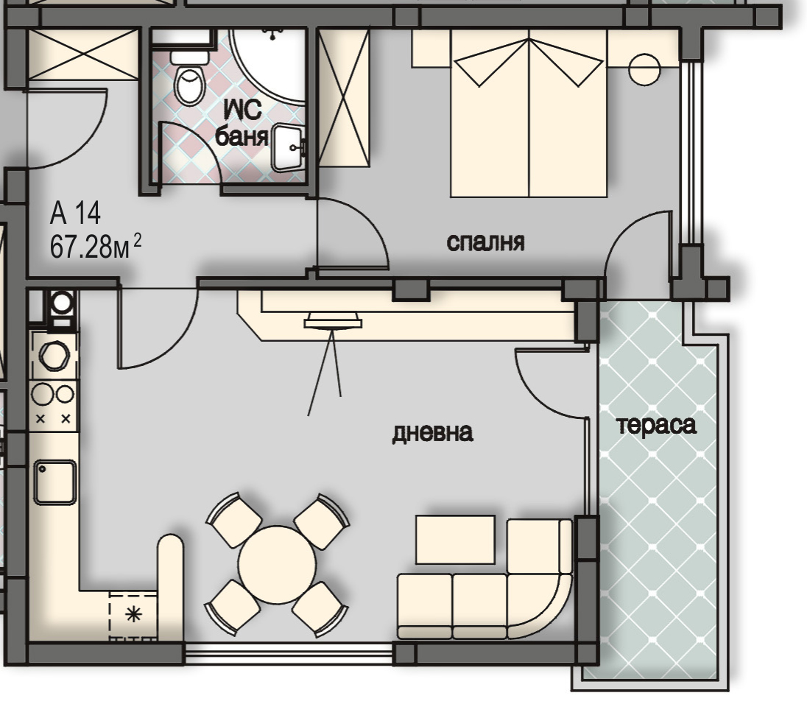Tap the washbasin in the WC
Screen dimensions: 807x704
pos(289,148)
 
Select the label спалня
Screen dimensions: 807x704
pos(485,242)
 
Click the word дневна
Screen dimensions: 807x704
pos(432,433)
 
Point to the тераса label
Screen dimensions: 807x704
pos(656,425)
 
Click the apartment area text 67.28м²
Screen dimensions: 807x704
pos(95,246)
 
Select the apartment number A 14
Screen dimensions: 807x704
pos(75,213)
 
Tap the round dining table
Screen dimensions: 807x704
pos(277,565)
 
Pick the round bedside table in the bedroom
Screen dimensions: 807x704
pos(644,70)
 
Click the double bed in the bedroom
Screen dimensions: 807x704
pos(529,113)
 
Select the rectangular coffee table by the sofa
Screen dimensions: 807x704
pos(456,539)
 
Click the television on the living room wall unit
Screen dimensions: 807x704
pos(333,320)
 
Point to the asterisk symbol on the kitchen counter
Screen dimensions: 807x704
pos(133,614)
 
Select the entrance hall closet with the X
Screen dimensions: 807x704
pos(83,54)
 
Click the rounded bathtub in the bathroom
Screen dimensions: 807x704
pos(267,66)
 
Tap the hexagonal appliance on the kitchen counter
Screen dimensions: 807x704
pos(54,356)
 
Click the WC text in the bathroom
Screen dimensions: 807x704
pos(242,110)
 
